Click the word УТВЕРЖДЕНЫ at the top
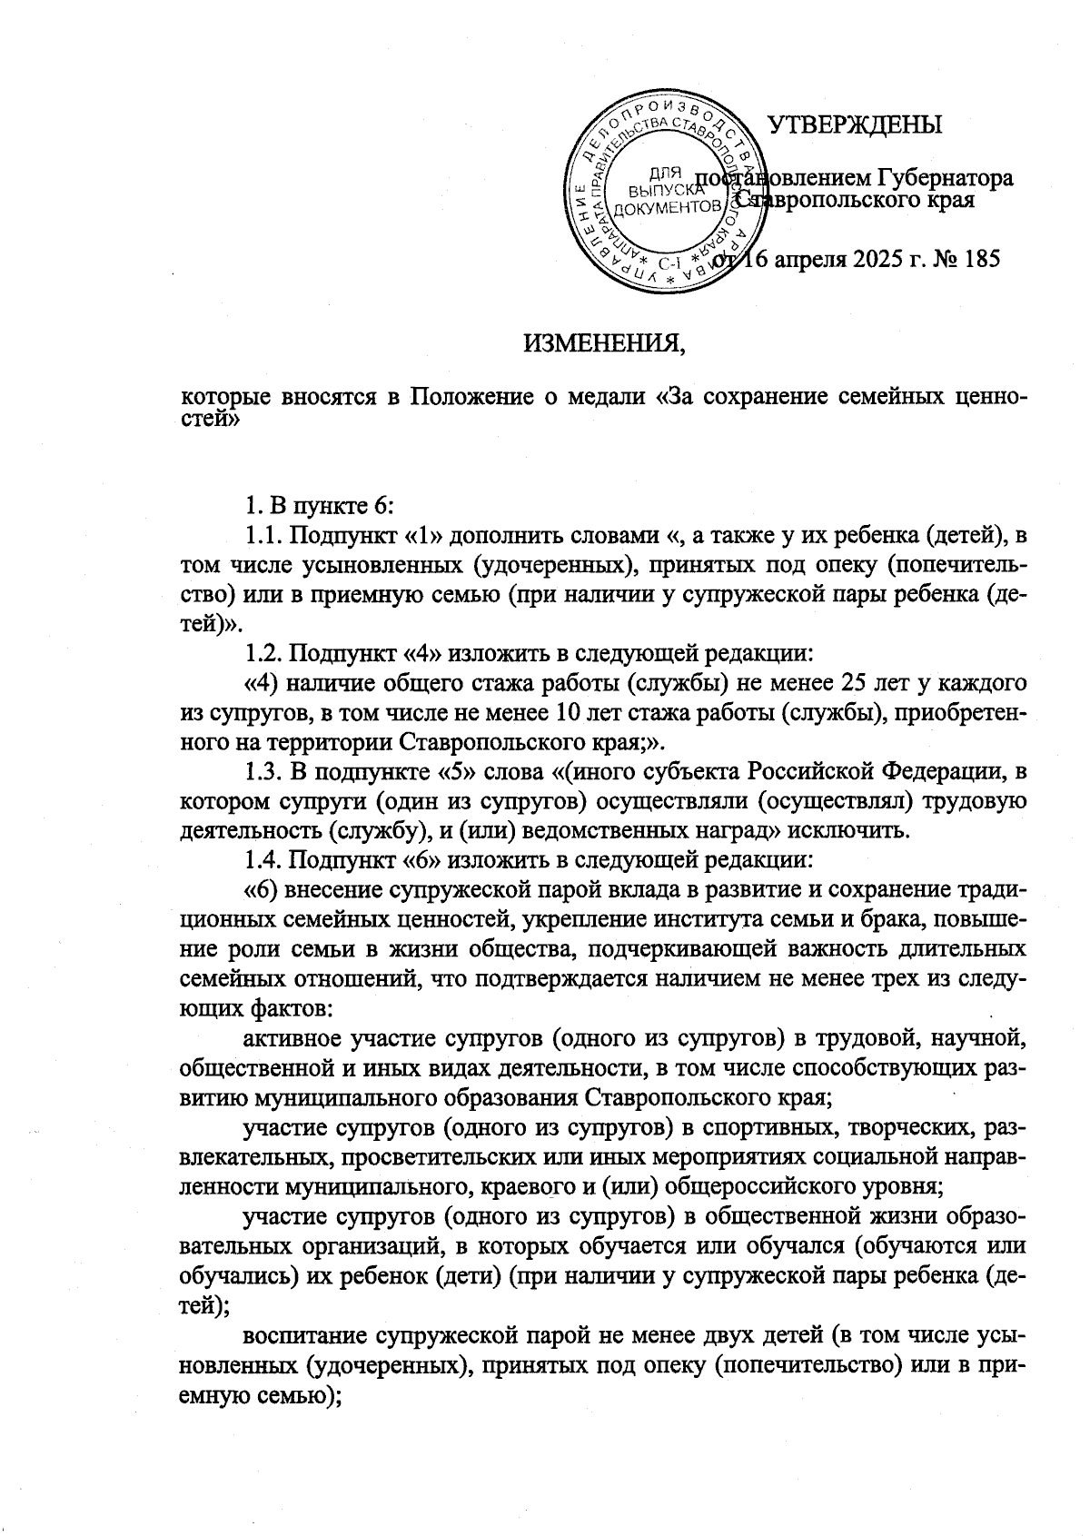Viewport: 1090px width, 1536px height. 856,124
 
